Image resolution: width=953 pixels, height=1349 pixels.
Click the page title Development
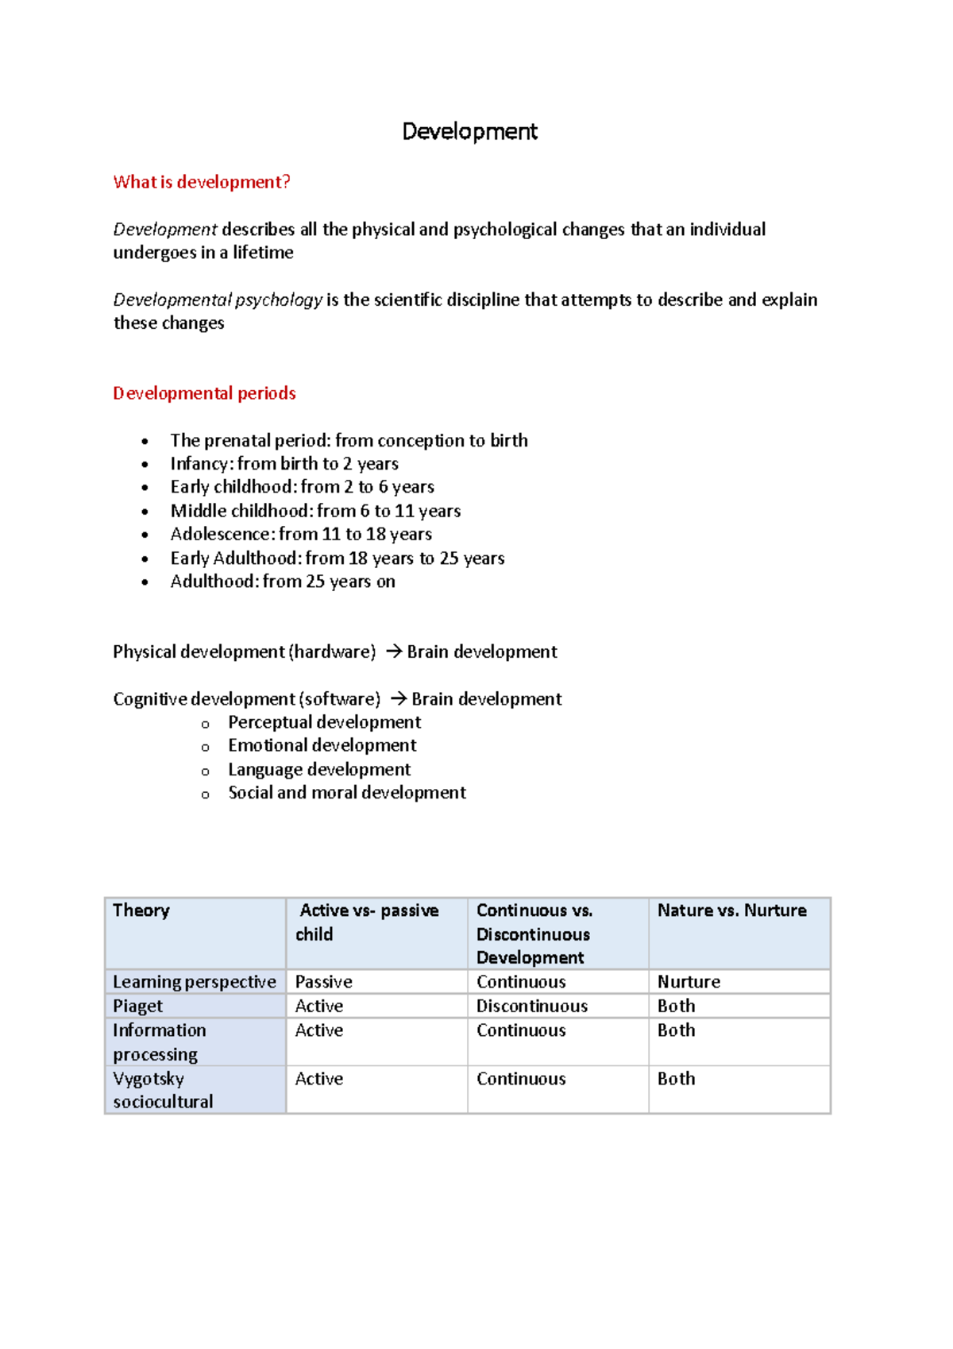point(469,131)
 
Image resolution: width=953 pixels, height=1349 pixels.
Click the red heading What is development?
point(202,182)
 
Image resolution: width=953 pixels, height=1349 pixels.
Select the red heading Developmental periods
point(204,393)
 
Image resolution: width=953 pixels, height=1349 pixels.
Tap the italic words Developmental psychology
point(218,300)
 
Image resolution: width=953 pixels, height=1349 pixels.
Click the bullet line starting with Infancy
point(284,464)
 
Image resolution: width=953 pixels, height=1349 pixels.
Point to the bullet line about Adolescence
point(300,534)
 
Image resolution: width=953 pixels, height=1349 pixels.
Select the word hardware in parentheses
point(333,652)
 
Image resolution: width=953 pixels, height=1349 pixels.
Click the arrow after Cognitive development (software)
point(399,699)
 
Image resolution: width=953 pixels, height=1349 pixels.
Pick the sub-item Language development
point(318,770)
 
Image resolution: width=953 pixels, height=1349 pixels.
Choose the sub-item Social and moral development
point(346,793)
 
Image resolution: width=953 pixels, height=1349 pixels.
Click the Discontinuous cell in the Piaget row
point(531,1007)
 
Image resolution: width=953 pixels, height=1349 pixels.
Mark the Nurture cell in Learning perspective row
point(689,982)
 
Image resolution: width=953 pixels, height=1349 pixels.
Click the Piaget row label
point(137,1007)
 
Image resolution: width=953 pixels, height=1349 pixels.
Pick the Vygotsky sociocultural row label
point(163,1090)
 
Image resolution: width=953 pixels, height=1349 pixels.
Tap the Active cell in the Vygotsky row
point(318,1079)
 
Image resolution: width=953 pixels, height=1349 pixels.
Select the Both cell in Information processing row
point(676,1030)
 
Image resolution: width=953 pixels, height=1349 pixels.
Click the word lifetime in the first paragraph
point(263,253)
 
